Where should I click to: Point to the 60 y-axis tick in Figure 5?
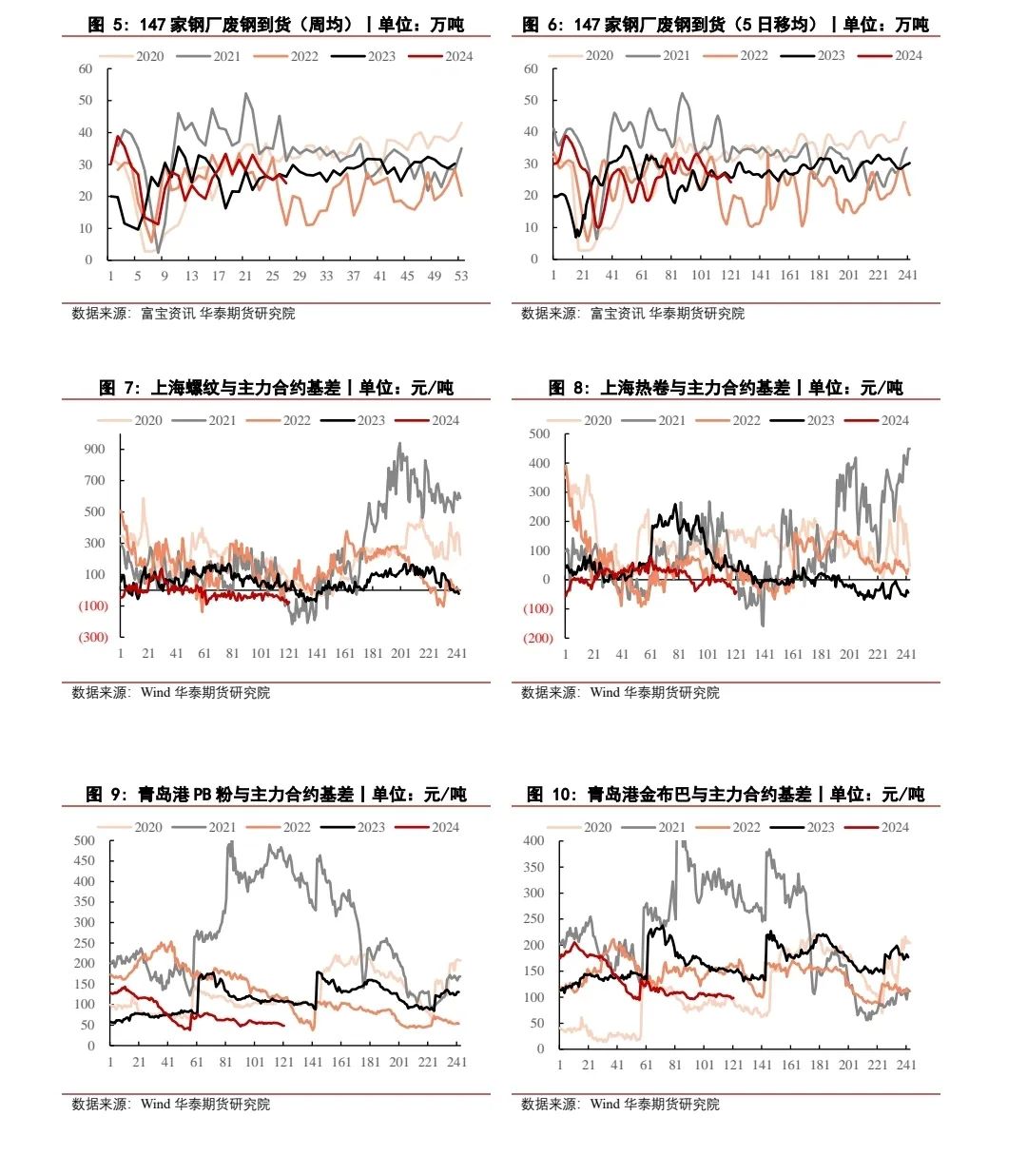[x=86, y=68]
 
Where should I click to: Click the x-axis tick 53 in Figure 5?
[x=461, y=276]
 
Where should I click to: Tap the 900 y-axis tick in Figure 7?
[x=94, y=449]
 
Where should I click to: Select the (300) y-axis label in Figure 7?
[x=93, y=637]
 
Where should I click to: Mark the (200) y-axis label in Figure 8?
[x=537, y=638]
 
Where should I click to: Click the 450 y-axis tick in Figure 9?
[x=85, y=861]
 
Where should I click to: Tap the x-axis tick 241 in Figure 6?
[x=907, y=275]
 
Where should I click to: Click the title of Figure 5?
[x=276, y=25]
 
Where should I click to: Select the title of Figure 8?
[x=726, y=388]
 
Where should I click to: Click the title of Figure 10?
[x=726, y=795]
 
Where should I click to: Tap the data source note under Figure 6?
[x=632, y=314]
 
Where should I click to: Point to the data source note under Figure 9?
[x=171, y=1105]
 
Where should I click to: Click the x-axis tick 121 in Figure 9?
[x=283, y=1062]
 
